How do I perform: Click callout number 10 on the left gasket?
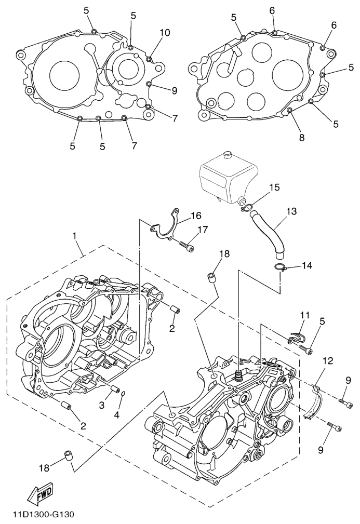coord(164,33)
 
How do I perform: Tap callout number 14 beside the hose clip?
coord(307,266)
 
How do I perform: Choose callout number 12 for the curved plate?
coord(328,360)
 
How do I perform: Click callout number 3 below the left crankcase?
coord(102,404)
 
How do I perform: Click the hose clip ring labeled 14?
coord(281,268)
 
